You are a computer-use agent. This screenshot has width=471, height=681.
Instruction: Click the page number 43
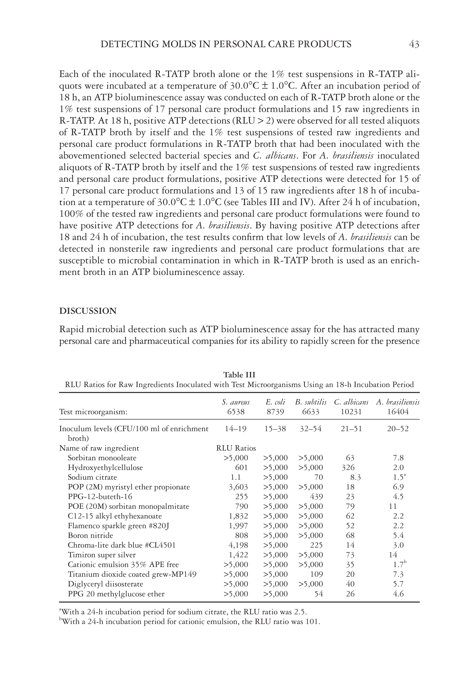(414, 44)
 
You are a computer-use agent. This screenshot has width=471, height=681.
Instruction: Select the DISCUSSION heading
(88, 311)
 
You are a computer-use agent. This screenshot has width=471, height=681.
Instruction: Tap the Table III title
(239, 375)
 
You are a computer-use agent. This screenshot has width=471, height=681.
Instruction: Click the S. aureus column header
(236, 402)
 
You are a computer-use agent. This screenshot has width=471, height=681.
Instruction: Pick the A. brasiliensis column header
(398, 402)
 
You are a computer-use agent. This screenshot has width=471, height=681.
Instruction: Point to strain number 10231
(351, 412)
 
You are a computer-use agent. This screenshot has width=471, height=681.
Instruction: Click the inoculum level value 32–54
(310, 429)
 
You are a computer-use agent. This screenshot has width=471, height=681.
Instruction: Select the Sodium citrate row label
(92, 477)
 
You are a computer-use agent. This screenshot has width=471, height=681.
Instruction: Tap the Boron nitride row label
(90, 535)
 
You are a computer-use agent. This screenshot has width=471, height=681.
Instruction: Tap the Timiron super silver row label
(102, 555)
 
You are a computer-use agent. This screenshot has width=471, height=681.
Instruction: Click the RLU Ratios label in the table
(236, 448)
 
